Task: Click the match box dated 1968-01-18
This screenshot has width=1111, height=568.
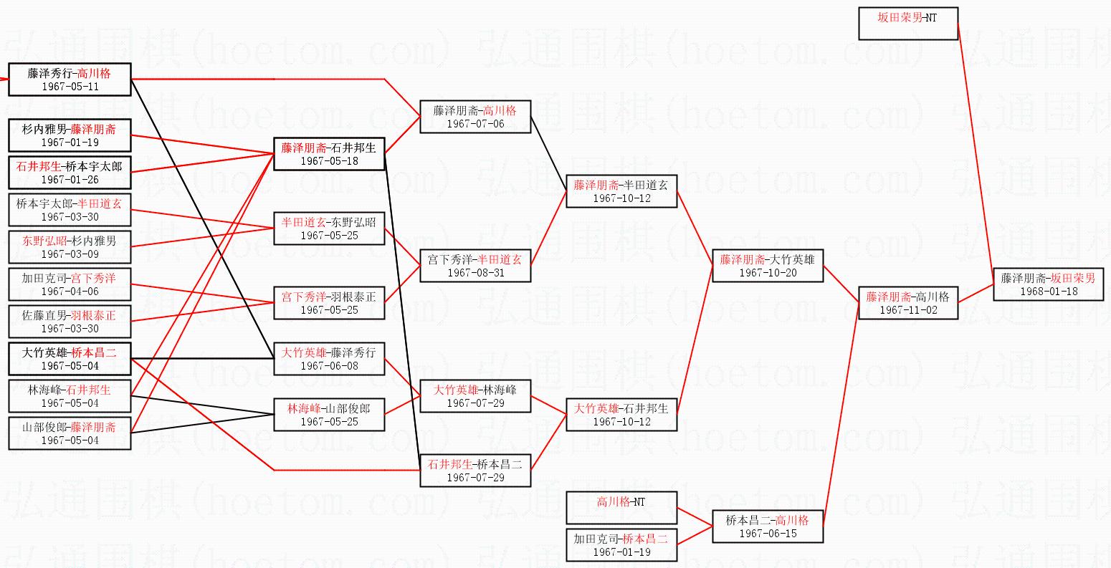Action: click(1048, 284)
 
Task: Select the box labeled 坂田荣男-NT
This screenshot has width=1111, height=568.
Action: click(907, 24)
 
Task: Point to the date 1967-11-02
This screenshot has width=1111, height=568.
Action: click(907, 310)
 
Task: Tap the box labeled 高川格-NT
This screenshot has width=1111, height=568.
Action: click(621, 508)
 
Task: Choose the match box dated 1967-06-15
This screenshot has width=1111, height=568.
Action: click(767, 526)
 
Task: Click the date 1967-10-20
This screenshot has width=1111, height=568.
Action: click(767, 273)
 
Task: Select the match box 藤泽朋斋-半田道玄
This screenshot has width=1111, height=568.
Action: click(621, 191)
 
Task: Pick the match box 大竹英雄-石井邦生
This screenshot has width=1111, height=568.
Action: click(621, 415)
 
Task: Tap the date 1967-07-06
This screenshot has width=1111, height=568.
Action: click(475, 124)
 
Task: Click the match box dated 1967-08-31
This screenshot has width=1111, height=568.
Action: click(475, 266)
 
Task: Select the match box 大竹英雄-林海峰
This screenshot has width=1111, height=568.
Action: click(475, 396)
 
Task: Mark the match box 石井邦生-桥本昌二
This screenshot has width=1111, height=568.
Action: click(475, 471)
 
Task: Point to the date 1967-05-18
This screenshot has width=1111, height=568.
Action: click(329, 161)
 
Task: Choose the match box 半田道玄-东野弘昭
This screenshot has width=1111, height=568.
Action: click(329, 228)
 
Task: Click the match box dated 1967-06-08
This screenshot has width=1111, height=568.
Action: click(329, 359)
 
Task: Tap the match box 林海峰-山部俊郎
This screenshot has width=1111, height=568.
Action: click(329, 415)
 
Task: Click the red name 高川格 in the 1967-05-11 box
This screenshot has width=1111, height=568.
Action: click(94, 73)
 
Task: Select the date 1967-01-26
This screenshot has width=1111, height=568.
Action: click(70, 180)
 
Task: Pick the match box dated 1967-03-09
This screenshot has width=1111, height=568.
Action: click(70, 247)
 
